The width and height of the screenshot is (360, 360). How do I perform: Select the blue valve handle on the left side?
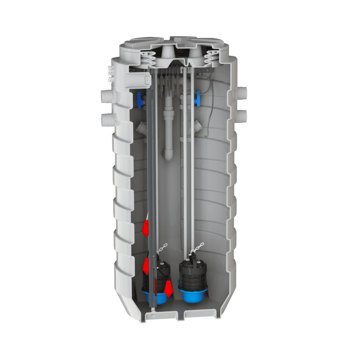[x=139, y=100]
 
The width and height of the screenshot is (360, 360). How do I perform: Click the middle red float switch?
[x=146, y=265]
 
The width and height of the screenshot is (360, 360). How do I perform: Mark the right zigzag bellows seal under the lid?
[x=211, y=59]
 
